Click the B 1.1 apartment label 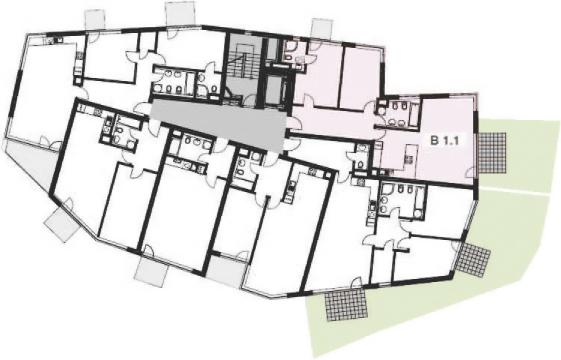click(444, 141)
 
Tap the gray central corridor click(218, 124)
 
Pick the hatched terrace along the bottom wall click(346, 304)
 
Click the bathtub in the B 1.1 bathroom click(414, 112)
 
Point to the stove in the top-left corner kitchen click(53, 40)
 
